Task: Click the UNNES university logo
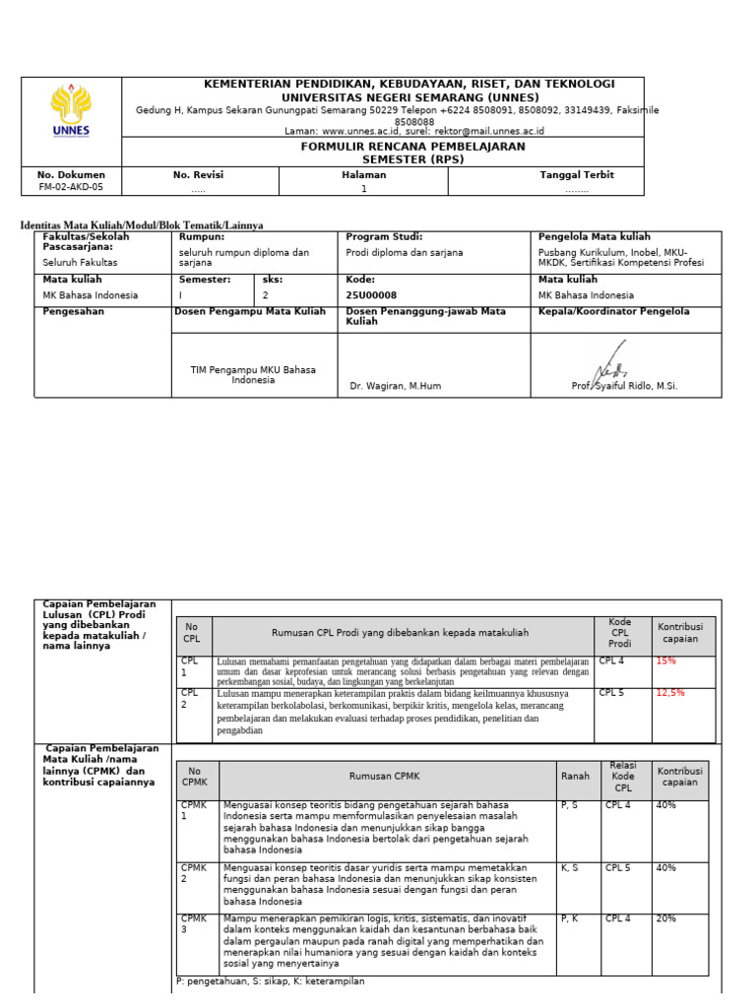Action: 71,110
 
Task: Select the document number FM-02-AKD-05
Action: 70,187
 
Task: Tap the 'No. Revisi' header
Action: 199,175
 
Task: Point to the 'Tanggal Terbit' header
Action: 577,175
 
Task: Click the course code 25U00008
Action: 372,295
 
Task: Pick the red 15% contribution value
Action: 667,661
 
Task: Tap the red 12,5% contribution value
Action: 671,693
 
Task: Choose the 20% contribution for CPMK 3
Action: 667,918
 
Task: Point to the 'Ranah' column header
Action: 575,777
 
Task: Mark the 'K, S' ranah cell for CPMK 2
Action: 570,868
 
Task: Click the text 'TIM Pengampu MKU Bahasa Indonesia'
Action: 253,374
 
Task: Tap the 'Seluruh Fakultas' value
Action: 81,263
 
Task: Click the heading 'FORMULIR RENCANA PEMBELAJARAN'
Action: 412,147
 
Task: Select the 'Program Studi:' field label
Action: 385,237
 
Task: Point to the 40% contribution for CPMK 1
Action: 667,805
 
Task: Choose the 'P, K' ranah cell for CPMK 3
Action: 570,918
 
